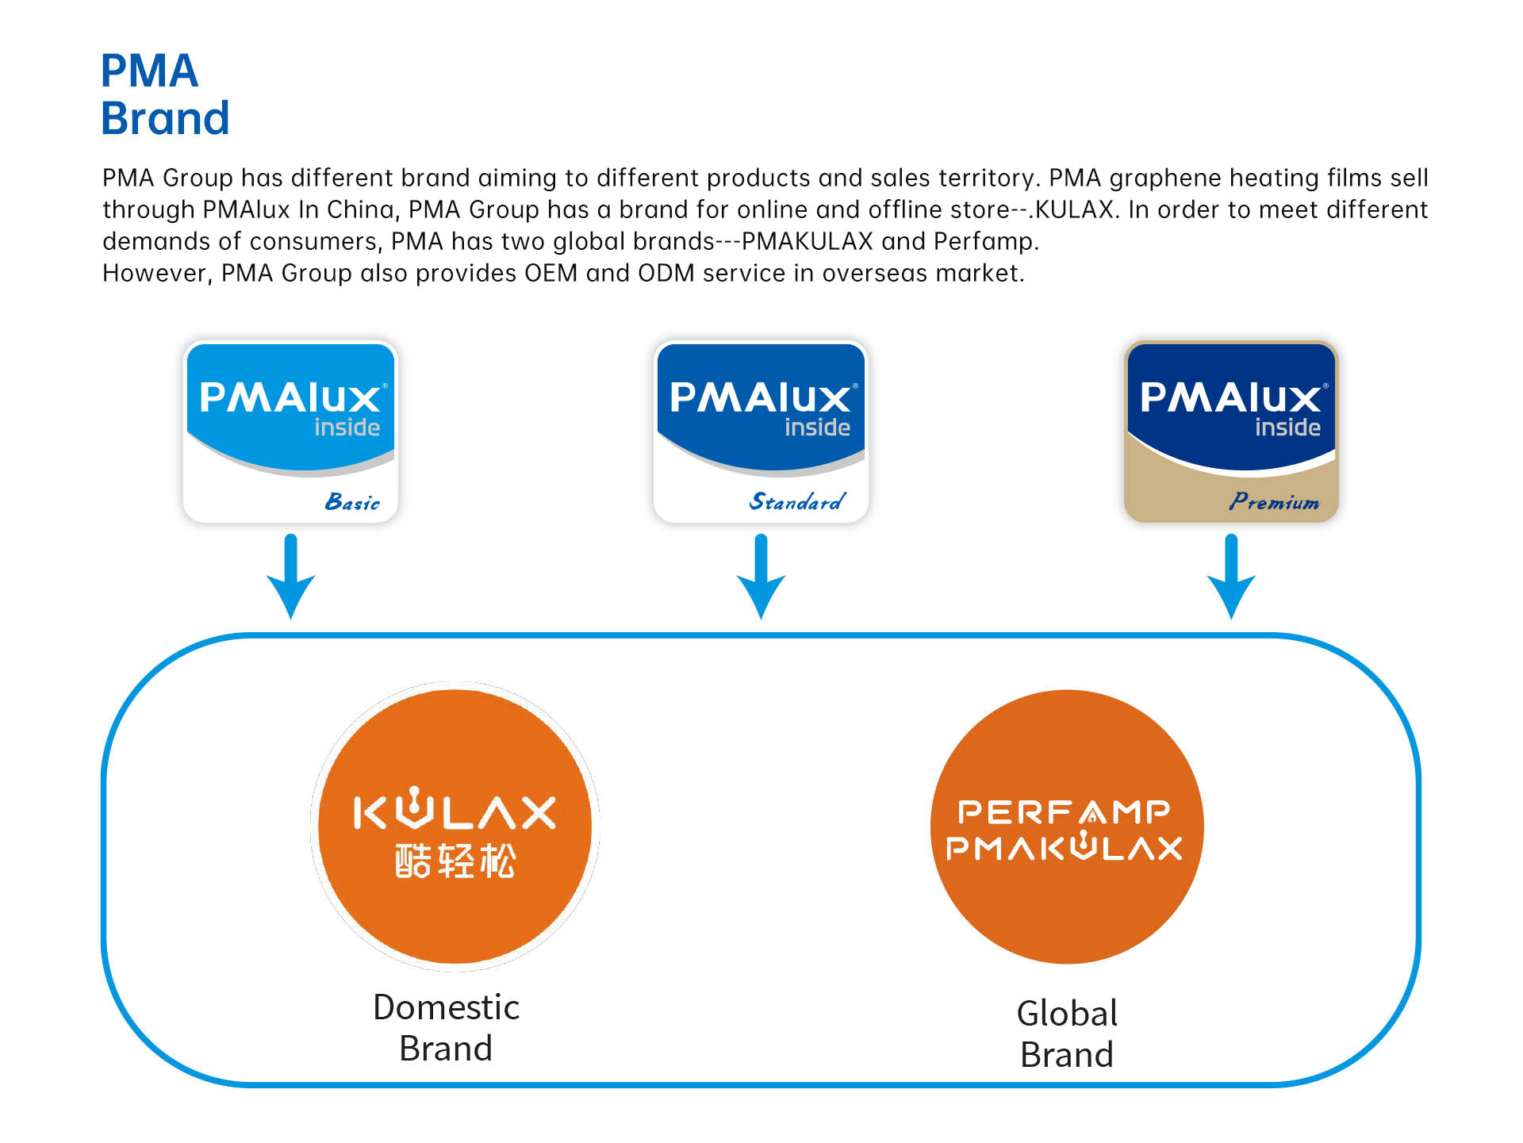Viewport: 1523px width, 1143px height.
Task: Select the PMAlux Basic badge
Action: point(290,432)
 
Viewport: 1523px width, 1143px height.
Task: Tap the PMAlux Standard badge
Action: point(761,432)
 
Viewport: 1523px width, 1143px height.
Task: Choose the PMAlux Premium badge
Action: point(1231,432)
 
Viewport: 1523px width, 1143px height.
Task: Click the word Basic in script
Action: point(352,502)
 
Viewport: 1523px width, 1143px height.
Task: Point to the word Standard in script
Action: point(797,502)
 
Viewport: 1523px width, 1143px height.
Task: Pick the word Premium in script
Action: point(1274,502)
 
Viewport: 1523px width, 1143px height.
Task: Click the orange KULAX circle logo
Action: point(455,827)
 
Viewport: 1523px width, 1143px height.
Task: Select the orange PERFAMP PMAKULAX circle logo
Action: point(1067,827)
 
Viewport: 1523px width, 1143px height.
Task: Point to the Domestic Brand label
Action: point(446,1028)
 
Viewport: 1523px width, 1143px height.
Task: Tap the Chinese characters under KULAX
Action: point(455,861)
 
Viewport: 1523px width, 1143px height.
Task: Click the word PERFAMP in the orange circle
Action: point(1064,811)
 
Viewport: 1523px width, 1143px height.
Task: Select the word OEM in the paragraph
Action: point(551,273)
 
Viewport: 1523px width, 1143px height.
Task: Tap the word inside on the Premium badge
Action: point(1287,428)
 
